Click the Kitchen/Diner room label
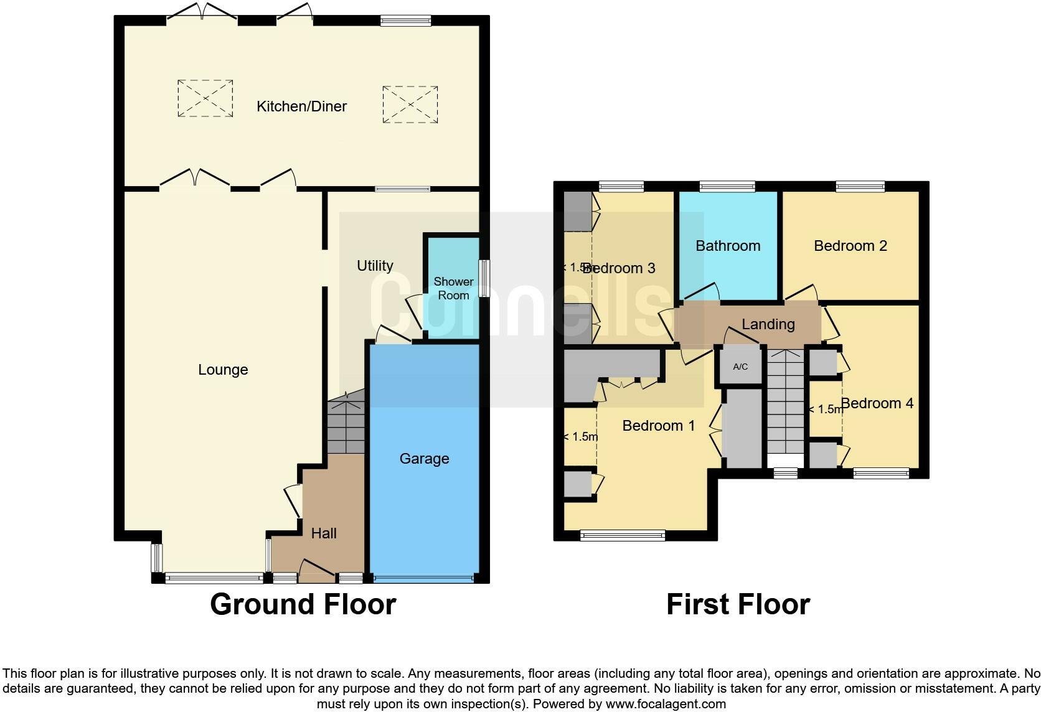301,106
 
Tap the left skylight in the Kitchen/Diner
205,98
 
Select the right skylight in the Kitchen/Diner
410,105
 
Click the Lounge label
223,370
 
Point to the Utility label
375,266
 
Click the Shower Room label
453,289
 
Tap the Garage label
424,459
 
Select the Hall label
324,533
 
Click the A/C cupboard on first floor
740,367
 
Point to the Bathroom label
728,246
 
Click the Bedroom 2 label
850,246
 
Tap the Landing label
768,324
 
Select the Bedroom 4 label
877,403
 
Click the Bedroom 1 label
658,426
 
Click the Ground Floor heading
303,604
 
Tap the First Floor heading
738,604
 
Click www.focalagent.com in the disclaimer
666,705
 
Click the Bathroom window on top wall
727,185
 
